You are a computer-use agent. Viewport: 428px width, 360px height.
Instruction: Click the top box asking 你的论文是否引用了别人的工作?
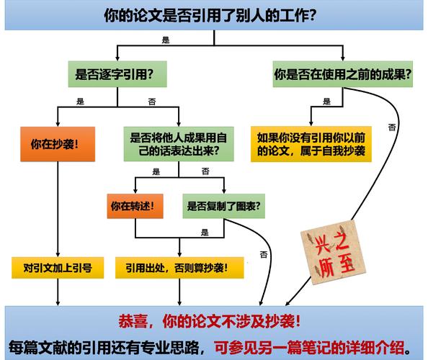click(x=214, y=15)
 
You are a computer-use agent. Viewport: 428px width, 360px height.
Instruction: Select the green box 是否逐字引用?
click(x=117, y=74)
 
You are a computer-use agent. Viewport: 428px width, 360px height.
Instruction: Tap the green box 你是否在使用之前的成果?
click(x=343, y=74)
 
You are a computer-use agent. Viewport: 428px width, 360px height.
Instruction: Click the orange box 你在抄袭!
click(x=58, y=144)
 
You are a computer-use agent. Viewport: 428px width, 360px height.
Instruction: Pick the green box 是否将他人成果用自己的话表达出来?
click(x=179, y=144)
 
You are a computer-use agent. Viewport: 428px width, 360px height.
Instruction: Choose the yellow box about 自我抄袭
click(x=311, y=144)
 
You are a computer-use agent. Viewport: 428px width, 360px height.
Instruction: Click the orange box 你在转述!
click(x=135, y=206)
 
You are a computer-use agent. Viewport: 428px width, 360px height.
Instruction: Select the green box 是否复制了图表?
click(x=224, y=206)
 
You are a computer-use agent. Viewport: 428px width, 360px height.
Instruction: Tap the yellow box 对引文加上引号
click(x=58, y=268)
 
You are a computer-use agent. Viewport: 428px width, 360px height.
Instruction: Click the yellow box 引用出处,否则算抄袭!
click(x=179, y=268)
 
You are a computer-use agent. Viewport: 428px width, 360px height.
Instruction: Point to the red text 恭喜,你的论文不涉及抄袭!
click(x=210, y=321)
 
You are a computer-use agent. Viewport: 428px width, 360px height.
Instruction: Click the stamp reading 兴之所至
click(x=333, y=252)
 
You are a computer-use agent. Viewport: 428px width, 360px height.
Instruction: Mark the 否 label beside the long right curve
click(x=392, y=127)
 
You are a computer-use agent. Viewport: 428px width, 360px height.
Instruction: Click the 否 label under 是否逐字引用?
click(x=152, y=102)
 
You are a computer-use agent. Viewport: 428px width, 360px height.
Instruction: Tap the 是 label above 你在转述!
click(x=156, y=171)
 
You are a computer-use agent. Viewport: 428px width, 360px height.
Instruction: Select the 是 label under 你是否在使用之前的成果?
click(x=326, y=102)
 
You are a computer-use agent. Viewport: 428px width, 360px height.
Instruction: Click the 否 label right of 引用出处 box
click(x=264, y=254)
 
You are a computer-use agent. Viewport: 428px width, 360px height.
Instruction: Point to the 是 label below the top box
click(x=166, y=40)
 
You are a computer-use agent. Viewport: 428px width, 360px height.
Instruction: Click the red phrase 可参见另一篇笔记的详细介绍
click(x=310, y=348)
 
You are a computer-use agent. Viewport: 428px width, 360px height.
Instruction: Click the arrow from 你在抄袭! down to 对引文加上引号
click(x=58, y=210)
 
